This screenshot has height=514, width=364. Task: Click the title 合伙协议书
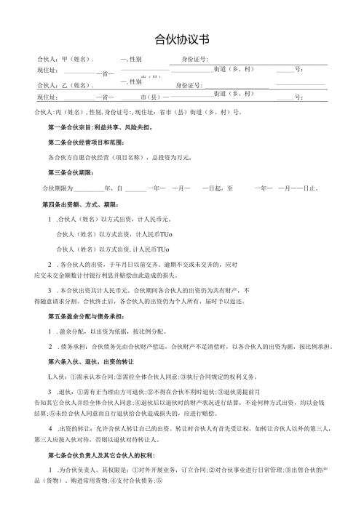click(181, 39)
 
